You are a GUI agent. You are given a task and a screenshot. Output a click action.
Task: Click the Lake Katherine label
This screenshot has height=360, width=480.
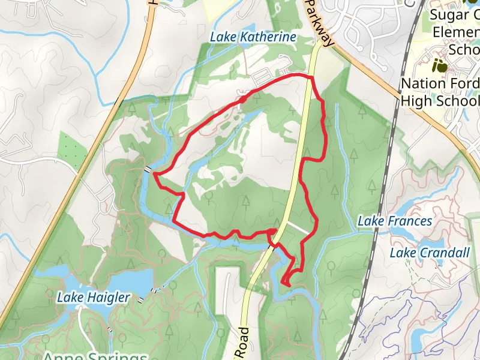[253, 37]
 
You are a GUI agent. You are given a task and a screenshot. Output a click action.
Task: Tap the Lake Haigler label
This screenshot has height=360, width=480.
[94, 297]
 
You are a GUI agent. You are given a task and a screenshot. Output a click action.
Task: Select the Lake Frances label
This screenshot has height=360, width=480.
[394, 221]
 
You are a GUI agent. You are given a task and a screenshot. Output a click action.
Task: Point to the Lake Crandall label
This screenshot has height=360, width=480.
[429, 253]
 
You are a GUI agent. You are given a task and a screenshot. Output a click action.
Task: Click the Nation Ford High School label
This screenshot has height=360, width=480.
[440, 91]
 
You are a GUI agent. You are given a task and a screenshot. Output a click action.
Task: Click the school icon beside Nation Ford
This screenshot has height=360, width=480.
[440, 65]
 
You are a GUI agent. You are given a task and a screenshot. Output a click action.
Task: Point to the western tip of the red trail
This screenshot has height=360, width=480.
[155, 174]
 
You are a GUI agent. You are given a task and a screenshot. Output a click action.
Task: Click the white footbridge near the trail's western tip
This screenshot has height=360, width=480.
[147, 170]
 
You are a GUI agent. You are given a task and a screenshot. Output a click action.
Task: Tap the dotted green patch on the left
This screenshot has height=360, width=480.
[71, 147]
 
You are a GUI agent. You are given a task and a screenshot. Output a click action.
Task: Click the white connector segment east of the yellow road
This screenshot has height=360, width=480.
[298, 228]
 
